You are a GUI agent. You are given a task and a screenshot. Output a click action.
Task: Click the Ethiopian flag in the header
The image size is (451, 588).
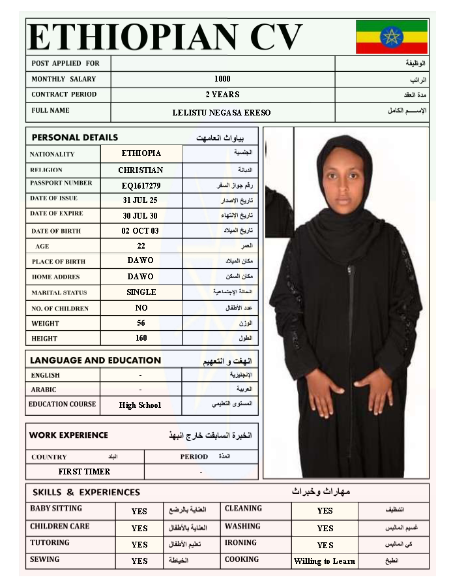[x=391, y=37]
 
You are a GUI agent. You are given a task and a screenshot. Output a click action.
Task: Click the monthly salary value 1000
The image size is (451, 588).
[x=222, y=79]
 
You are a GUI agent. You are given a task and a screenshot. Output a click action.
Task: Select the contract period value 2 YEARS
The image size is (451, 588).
[x=222, y=95]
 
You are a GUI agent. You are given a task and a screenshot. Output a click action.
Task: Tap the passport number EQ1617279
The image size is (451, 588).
[x=141, y=185]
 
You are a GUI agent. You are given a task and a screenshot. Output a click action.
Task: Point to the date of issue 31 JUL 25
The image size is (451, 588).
[x=140, y=200]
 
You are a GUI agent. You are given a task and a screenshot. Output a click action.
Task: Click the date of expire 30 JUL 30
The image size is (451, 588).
[x=140, y=215]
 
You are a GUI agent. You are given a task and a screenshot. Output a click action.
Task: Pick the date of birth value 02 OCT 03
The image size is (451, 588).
[x=140, y=231]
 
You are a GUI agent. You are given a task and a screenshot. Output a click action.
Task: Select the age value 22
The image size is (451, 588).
[x=141, y=246]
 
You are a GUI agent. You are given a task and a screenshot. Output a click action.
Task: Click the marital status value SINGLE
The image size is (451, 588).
[x=141, y=292]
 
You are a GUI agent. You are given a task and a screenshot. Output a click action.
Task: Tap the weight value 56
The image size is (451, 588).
[x=141, y=323]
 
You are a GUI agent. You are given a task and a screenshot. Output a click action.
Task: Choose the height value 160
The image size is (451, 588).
[x=141, y=338]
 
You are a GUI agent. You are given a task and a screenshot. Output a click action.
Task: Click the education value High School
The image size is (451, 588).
[x=139, y=405]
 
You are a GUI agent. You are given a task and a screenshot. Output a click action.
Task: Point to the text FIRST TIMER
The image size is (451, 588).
[x=84, y=471]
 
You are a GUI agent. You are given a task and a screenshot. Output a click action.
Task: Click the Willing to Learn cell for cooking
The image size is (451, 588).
[x=325, y=561]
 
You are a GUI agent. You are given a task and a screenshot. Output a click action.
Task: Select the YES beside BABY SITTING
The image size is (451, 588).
[x=139, y=512]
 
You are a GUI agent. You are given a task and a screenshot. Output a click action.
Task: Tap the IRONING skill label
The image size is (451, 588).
[x=240, y=543]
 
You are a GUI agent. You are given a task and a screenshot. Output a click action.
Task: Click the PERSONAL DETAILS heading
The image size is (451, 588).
[x=75, y=138]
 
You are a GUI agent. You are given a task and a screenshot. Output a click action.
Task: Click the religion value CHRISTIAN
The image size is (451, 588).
[x=141, y=170]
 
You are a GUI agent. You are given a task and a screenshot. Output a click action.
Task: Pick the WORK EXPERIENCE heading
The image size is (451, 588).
[x=68, y=435]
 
